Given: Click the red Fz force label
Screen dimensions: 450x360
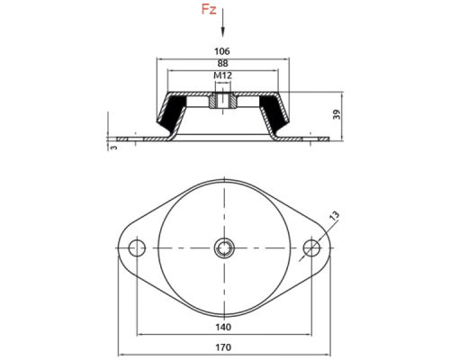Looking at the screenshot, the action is click(209, 9).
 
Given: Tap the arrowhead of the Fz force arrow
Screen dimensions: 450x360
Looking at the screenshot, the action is click(222, 32).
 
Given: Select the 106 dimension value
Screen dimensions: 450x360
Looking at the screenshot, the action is click(222, 51).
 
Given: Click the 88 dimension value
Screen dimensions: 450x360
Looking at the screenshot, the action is click(222, 63).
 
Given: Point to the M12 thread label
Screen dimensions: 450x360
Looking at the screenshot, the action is click(222, 76).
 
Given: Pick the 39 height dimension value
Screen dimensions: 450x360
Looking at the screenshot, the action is click(337, 114).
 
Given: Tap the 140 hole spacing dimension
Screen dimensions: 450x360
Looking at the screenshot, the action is click(223, 327).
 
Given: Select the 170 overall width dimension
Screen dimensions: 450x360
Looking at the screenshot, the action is click(223, 347).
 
